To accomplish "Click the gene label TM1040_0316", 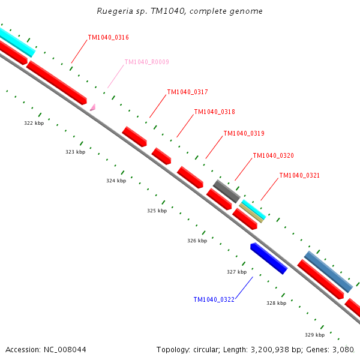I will [x=108, y=37].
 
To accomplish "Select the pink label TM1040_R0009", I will [x=146, y=62].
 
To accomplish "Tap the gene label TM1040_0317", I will [x=187, y=92].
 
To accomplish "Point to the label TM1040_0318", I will [x=214, y=112].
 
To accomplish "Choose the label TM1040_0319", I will [x=244, y=133].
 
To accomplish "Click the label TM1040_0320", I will [x=273, y=155].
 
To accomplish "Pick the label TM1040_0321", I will [x=299, y=175].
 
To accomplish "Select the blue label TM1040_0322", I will [x=214, y=299].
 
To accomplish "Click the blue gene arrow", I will [x=268, y=258].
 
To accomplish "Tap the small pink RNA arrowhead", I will [x=92, y=107].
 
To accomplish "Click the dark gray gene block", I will [x=227, y=190].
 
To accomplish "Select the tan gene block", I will [x=251, y=212].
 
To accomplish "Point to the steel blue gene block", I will [x=328, y=271].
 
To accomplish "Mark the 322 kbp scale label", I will [x=34, y=123].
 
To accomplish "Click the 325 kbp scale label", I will [x=157, y=211].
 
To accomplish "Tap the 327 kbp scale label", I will [x=236, y=272].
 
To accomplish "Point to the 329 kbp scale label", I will [x=314, y=335].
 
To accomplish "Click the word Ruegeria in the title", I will [x=113, y=11].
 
